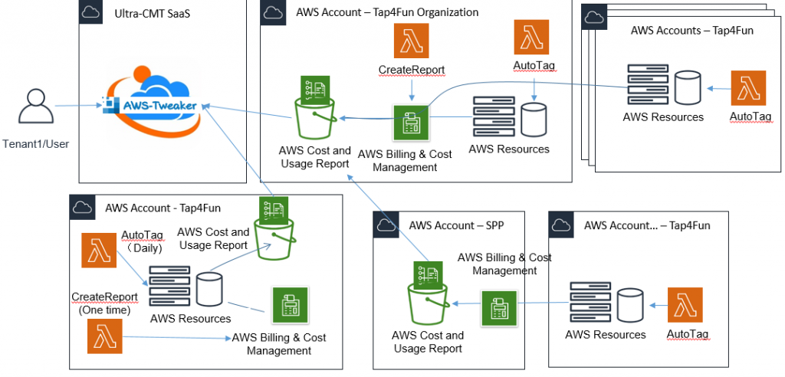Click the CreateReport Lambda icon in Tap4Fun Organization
point(412,41)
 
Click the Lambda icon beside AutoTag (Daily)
point(99,251)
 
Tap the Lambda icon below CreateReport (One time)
point(105,336)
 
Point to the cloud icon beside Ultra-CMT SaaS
point(91,12)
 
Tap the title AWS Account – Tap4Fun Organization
point(387,12)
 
